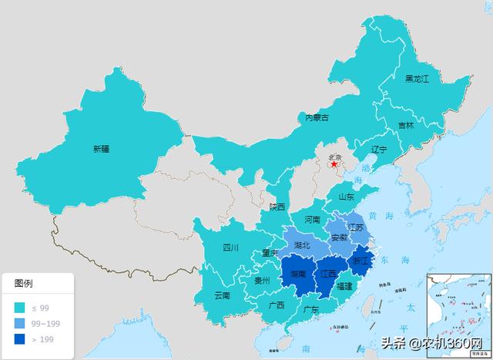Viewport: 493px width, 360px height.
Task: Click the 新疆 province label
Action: click(x=101, y=149)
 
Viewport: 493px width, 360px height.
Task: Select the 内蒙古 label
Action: click(x=317, y=118)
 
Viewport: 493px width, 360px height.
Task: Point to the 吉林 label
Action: click(x=405, y=125)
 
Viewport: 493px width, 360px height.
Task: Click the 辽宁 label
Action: click(x=378, y=149)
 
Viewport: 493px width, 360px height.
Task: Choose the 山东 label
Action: click(x=345, y=197)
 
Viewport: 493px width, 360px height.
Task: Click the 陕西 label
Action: click(x=277, y=207)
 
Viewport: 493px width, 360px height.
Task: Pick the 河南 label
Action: click(x=312, y=219)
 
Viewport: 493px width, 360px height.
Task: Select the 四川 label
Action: click(x=231, y=247)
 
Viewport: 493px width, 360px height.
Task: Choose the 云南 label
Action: click(x=222, y=295)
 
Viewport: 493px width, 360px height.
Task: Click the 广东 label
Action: click(x=311, y=310)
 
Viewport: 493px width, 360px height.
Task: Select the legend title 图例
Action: click(x=24, y=284)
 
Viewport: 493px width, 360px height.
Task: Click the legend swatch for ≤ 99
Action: click(x=18, y=308)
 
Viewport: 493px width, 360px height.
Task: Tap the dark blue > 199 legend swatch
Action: click(x=18, y=339)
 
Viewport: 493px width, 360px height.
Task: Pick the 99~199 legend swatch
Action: click(x=18, y=324)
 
